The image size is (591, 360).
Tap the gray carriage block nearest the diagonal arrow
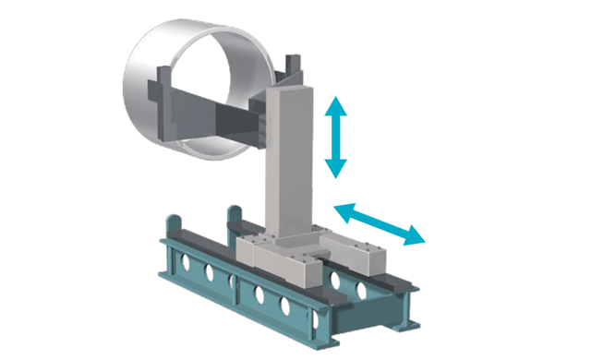(x=375, y=254)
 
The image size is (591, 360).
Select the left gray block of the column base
(x=253, y=247)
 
